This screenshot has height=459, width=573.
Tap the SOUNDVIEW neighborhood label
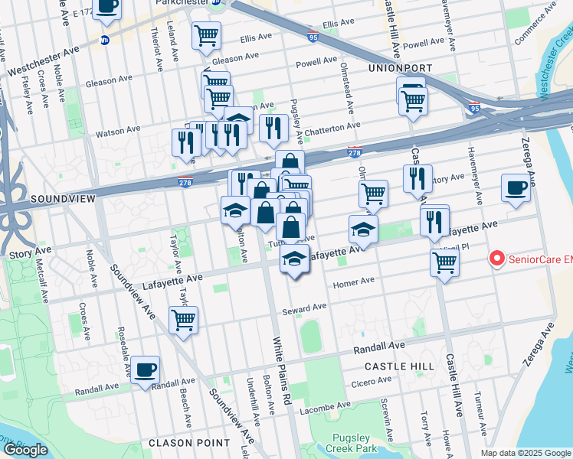tap(63, 199)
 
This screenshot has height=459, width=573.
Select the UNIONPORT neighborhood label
tap(401, 68)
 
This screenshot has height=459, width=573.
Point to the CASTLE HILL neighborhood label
tap(404, 367)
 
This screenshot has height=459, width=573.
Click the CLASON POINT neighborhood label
tap(189, 442)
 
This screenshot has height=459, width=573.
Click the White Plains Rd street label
tap(279, 372)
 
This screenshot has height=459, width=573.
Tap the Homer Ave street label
tap(353, 282)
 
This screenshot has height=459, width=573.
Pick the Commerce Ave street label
tap(534, 23)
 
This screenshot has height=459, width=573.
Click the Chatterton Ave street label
tap(332, 129)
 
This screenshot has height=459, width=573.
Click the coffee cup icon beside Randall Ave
tap(145, 370)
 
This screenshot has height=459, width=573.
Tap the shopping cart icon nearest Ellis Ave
tap(207, 35)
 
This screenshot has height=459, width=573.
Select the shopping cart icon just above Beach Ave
tap(183, 320)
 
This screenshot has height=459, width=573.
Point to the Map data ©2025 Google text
tap(525, 453)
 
